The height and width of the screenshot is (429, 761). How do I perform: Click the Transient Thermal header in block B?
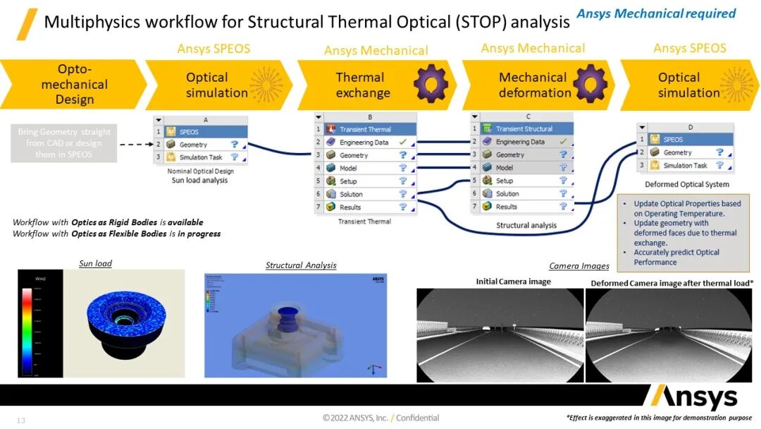pos(364,130)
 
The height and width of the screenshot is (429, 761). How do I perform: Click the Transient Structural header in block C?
pos(521,129)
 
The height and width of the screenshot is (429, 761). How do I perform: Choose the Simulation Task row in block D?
pos(685,165)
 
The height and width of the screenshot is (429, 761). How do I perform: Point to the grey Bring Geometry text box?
pos(64,143)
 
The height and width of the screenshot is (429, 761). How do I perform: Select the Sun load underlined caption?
pos(95,264)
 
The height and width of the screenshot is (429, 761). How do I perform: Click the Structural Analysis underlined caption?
pos(301,265)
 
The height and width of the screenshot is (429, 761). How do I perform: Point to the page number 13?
pos(21,421)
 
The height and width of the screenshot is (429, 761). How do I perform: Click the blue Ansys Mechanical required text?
pos(656,13)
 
